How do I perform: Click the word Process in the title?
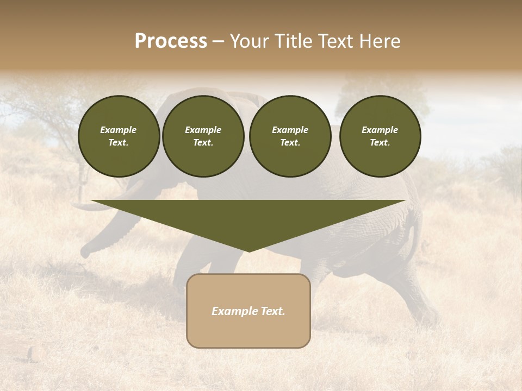(171, 41)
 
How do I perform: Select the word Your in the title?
(247, 41)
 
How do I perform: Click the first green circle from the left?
(119, 136)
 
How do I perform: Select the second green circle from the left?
(203, 136)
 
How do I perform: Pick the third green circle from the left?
(290, 136)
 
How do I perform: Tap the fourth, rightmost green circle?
(380, 136)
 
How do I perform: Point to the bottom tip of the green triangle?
(248, 251)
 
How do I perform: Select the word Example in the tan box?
(234, 311)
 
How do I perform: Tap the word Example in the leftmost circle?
(119, 130)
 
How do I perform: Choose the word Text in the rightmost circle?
(380, 143)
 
